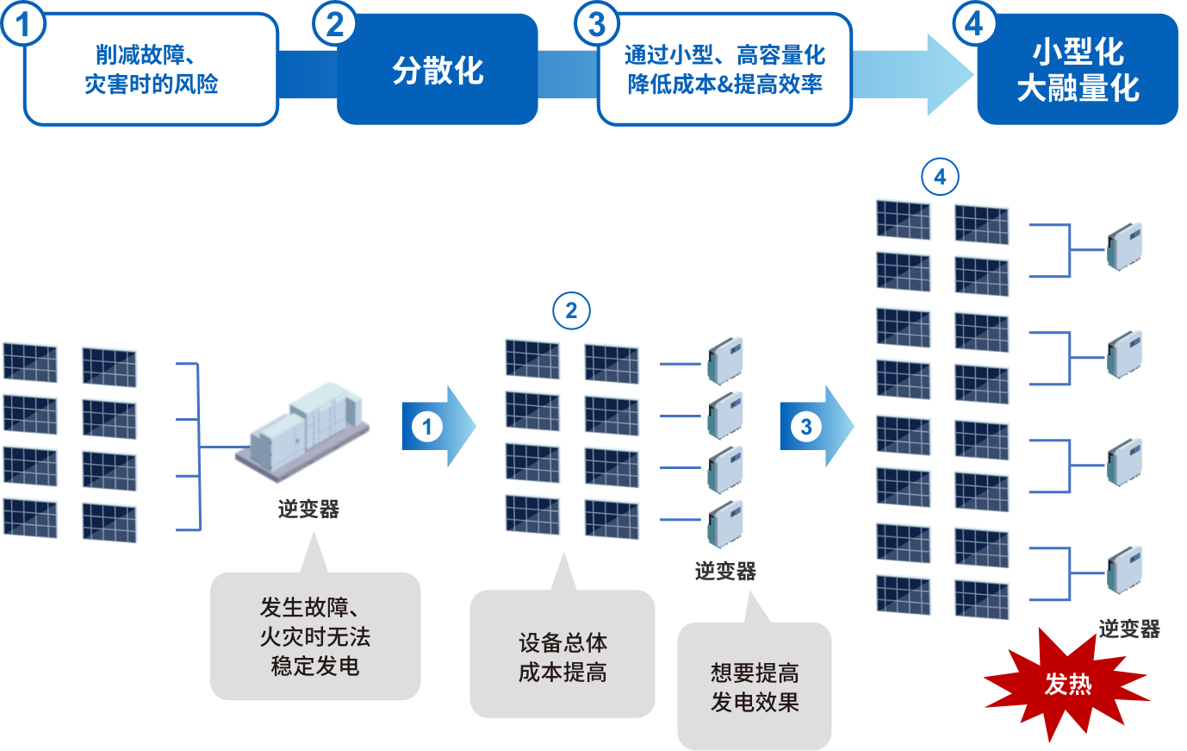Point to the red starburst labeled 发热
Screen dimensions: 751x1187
coord(1067,685)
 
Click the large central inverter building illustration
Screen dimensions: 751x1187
coord(302,431)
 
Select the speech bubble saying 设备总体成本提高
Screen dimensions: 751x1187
coord(562,655)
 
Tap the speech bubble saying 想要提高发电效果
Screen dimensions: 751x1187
coord(755,686)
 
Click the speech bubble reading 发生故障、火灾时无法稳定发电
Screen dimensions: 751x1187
coord(315,636)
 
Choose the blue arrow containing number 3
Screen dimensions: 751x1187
coord(815,427)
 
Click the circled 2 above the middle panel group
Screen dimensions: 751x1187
coord(571,311)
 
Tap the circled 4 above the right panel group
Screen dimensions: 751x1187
coord(940,178)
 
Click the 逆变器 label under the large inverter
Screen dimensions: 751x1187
coord(308,510)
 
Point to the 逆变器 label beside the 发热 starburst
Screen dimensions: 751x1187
coord(1129,629)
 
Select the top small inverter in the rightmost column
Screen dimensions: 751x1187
coord(1125,247)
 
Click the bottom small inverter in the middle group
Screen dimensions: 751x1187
coord(726,524)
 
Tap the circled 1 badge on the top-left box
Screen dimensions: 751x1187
coord(23,24)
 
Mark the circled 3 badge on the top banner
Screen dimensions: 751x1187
coord(597,24)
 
